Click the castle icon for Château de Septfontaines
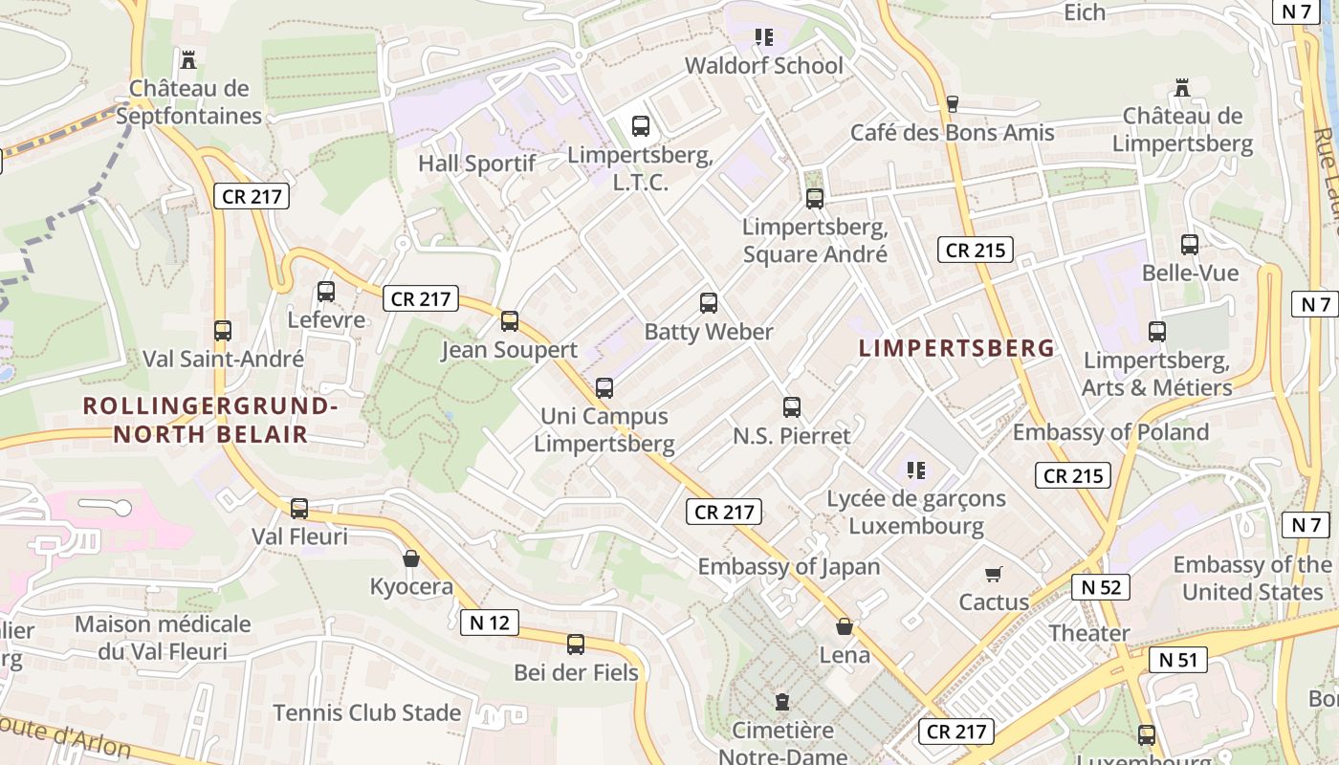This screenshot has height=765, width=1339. click(188, 59)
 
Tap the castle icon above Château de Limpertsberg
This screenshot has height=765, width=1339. click(1182, 88)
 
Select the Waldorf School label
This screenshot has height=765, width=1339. click(764, 66)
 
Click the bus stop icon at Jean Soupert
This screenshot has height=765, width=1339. click(510, 321)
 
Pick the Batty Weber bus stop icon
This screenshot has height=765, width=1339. click(709, 303)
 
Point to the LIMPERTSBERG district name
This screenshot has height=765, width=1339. click(956, 348)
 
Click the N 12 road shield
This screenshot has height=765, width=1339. click(490, 623)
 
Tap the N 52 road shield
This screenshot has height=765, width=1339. click(1101, 586)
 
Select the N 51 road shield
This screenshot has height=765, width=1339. click(1178, 660)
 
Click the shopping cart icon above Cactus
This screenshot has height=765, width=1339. click(994, 574)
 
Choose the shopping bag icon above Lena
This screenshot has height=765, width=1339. click(845, 626)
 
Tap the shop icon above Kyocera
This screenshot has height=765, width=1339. click(411, 558)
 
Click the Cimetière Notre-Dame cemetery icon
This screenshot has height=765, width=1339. click(782, 702)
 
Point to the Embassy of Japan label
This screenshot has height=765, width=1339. click(788, 566)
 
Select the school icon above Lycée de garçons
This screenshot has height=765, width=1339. click(915, 470)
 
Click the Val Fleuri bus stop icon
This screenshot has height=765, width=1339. click(299, 509)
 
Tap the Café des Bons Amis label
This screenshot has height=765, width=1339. click(953, 133)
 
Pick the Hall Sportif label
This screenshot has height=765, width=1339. click(476, 164)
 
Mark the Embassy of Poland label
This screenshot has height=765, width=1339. click(1110, 432)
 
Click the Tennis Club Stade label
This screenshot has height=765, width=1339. click(367, 712)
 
